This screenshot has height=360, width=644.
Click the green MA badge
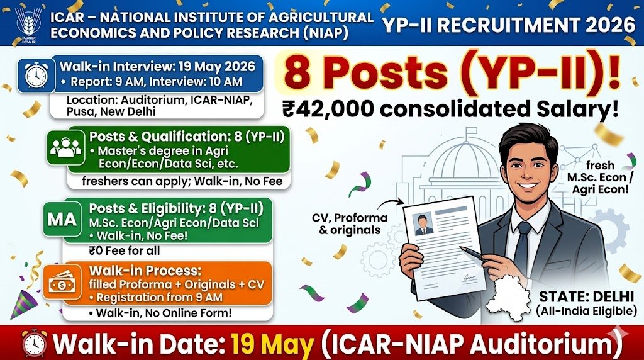click(x=62, y=220)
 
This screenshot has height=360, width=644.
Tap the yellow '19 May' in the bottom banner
click(x=274, y=344)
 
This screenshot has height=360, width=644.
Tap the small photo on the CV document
click(x=423, y=223)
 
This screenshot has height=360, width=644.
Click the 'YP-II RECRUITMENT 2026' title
click(x=508, y=25)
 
